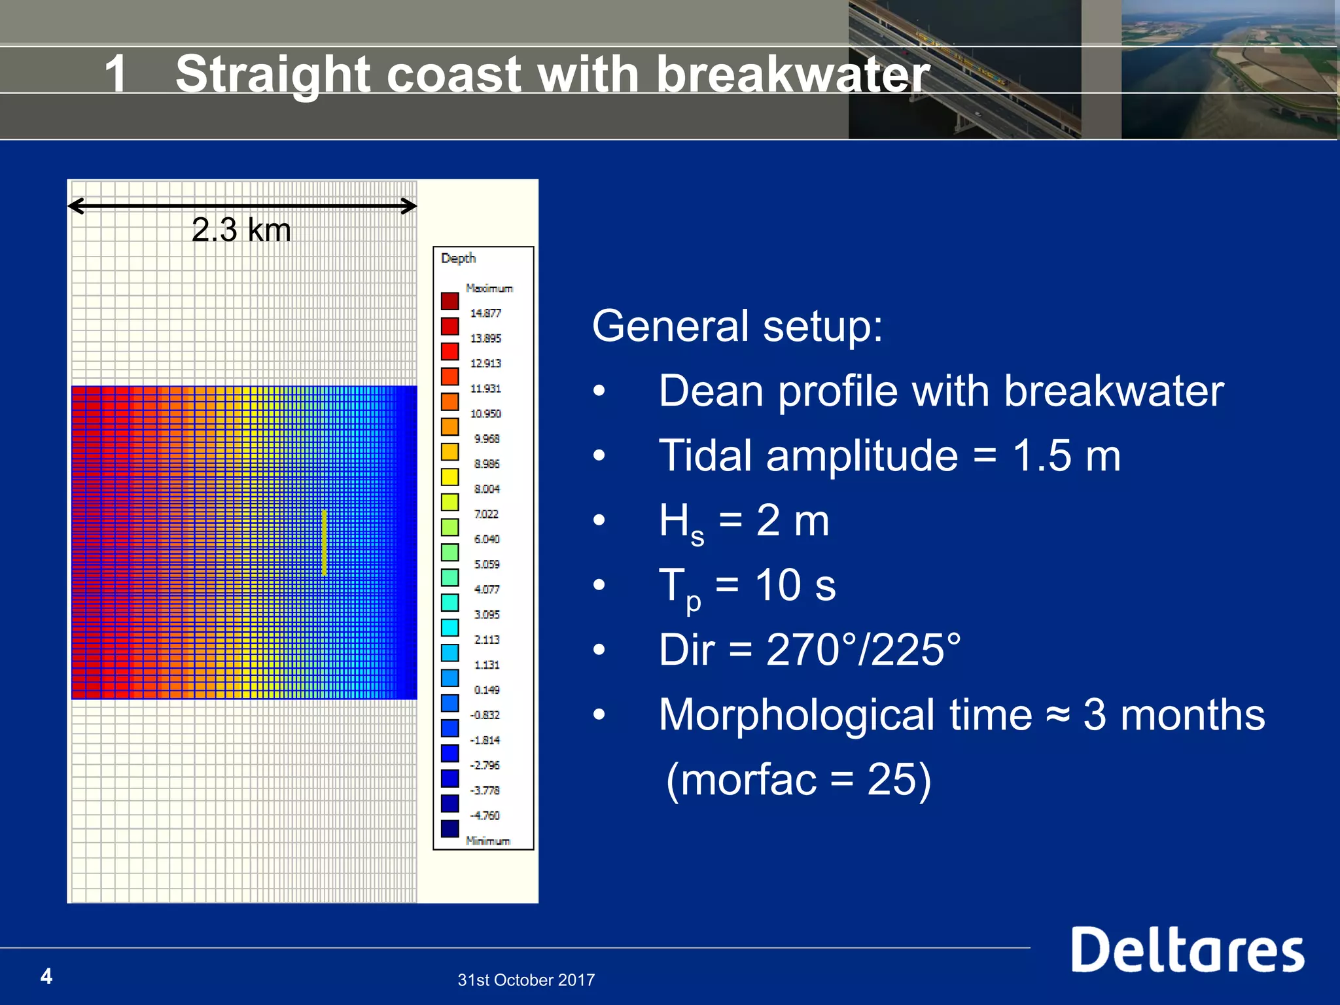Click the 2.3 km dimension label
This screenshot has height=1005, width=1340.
(x=241, y=230)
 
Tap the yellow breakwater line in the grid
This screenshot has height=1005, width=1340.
(x=324, y=542)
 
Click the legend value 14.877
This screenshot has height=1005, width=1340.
(x=485, y=313)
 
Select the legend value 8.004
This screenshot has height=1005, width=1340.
(x=486, y=489)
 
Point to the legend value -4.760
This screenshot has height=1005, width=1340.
(x=485, y=815)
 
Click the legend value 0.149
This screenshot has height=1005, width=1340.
(x=486, y=690)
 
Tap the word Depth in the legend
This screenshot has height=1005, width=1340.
(x=458, y=258)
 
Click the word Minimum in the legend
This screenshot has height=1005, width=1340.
(x=487, y=841)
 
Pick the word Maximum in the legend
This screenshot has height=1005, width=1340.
(x=489, y=288)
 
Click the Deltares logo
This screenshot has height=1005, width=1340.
(x=1187, y=950)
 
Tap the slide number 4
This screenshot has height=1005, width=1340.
(x=46, y=976)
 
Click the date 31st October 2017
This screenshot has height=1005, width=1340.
(x=526, y=979)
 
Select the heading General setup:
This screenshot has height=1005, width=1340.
(x=737, y=326)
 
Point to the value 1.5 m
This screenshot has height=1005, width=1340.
(x=1066, y=455)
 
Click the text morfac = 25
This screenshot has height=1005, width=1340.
(x=798, y=779)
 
